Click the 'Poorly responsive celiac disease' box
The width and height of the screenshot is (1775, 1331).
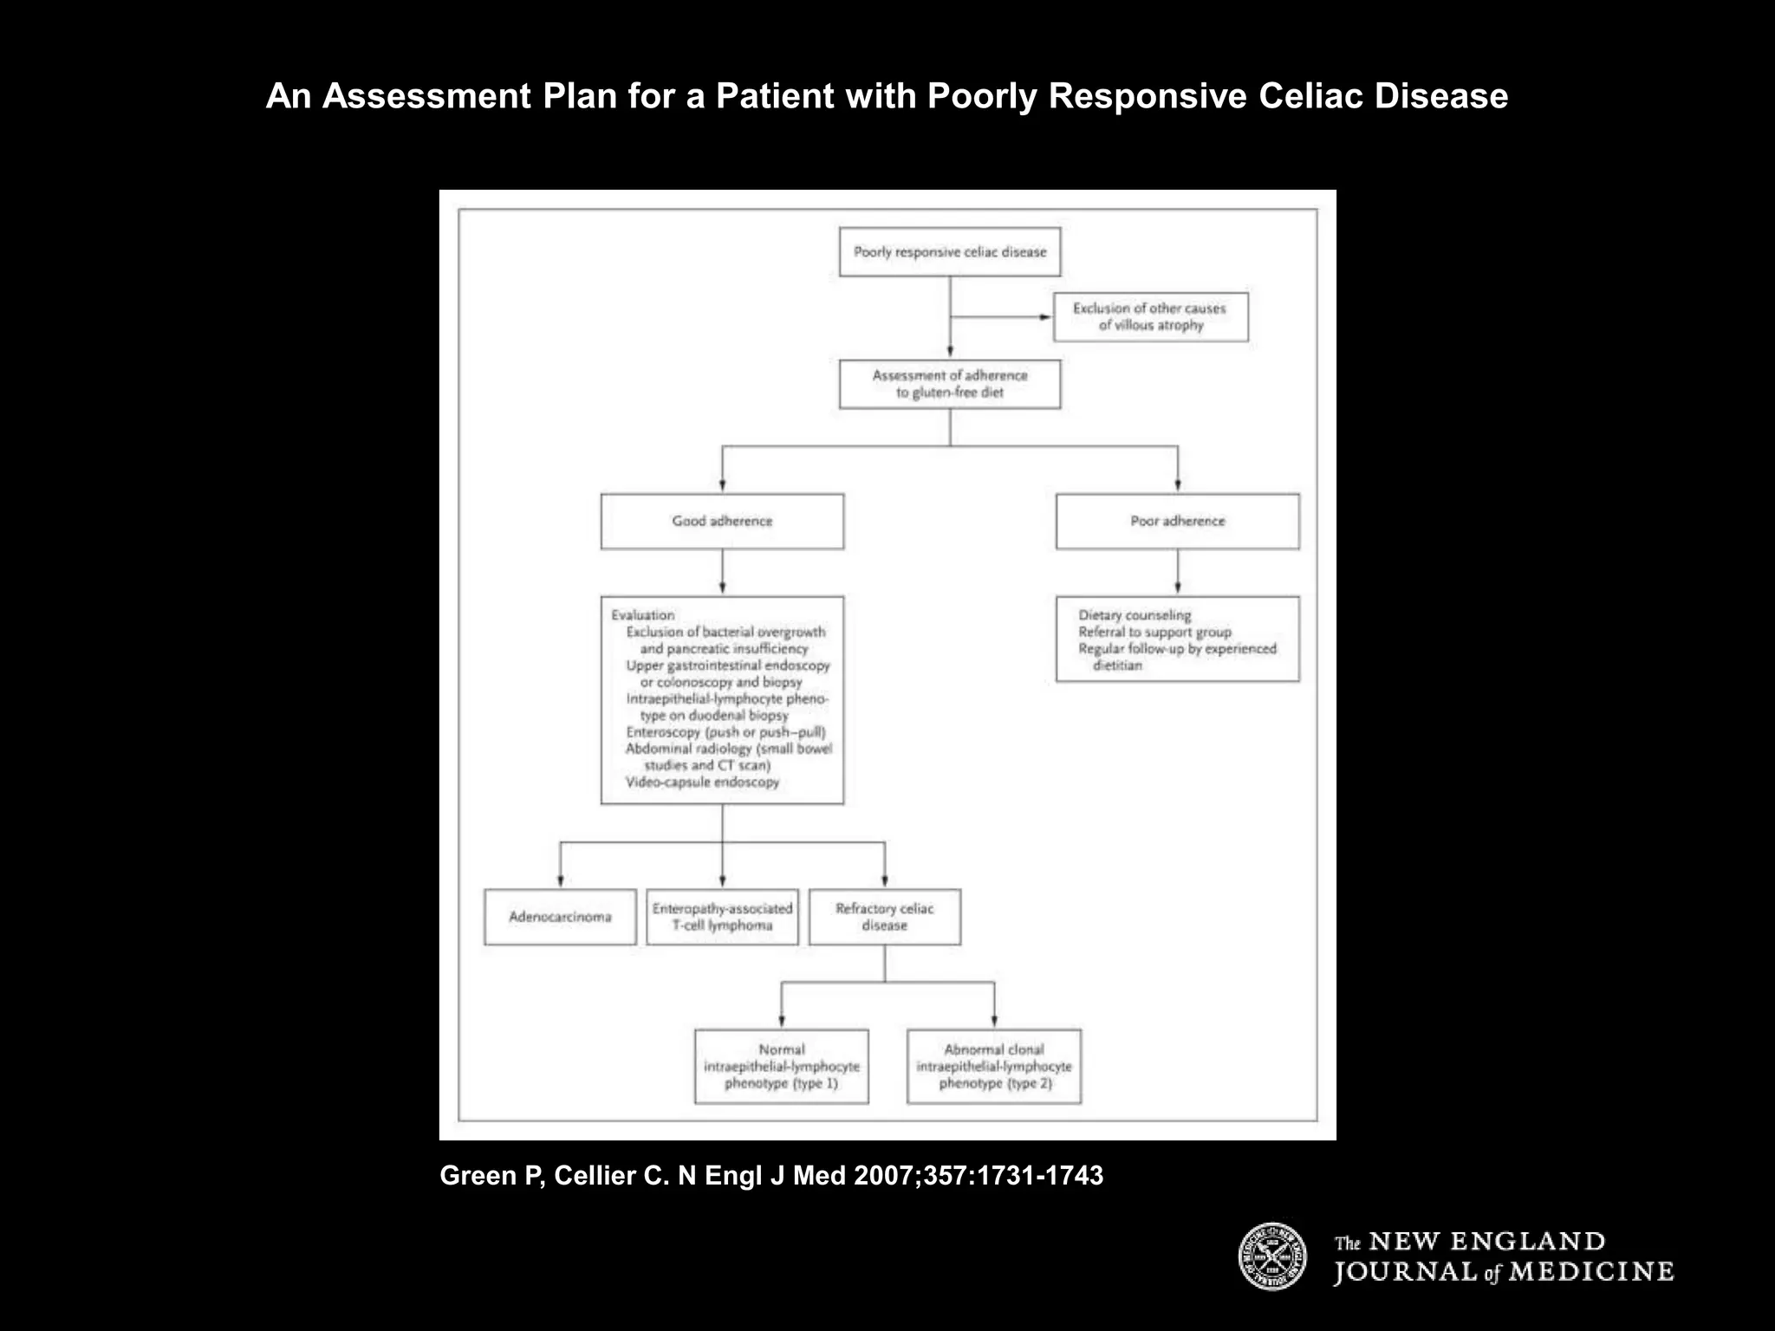(950, 252)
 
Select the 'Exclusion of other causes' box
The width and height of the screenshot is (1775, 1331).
(1150, 317)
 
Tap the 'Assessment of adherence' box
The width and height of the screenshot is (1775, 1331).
(950, 384)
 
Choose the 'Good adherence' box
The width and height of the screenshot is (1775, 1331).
(722, 521)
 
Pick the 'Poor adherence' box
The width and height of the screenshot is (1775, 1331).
(1177, 521)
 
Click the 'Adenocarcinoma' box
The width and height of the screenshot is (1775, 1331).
(560, 917)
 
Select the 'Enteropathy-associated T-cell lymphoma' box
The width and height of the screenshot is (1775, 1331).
(722, 917)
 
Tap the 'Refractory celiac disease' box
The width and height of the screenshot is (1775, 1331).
(884, 917)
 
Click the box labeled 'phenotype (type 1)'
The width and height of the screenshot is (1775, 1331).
(781, 1067)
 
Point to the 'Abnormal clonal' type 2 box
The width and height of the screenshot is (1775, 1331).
(994, 1067)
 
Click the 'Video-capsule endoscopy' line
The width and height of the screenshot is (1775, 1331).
(702, 782)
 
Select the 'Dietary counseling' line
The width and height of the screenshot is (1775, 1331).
(1135, 615)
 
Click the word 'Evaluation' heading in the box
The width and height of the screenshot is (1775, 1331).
(642, 615)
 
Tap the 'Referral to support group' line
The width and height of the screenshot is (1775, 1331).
(1154, 632)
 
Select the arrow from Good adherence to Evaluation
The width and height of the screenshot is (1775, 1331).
(722, 574)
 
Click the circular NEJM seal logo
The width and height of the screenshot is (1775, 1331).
(1271, 1256)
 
